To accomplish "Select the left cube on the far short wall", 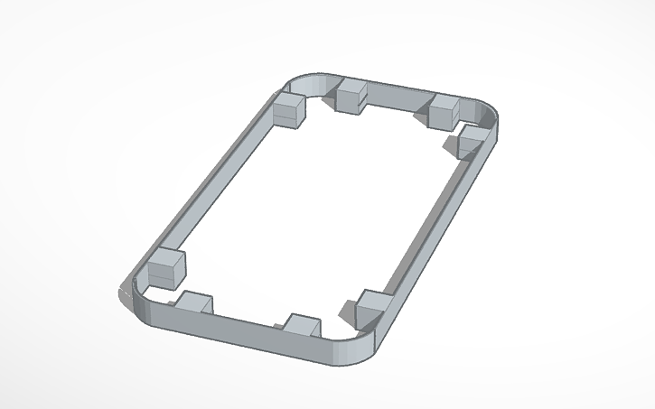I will tap(351, 95).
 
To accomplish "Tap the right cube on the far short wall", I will tap(444, 112).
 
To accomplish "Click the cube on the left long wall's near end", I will tap(165, 268).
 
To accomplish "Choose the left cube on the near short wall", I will tap(193, 305).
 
